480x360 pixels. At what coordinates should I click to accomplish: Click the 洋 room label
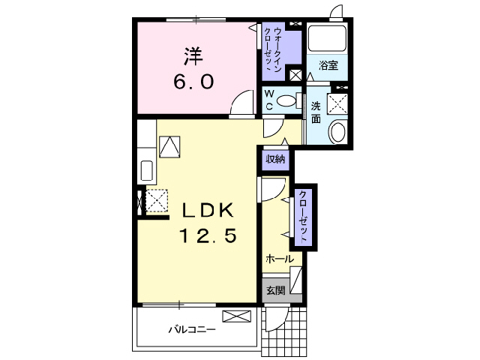click(193, 56)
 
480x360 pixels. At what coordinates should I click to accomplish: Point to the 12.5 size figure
click(208, 236)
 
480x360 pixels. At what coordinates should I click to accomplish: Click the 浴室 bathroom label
click(328, 65)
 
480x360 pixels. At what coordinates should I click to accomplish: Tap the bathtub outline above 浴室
click(326, 39)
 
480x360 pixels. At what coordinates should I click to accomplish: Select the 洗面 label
click(316, 112)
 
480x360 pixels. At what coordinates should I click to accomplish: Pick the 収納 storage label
click(274, 159)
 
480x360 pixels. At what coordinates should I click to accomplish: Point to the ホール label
click(279, 259)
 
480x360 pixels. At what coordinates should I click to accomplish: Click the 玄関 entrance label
click(274, 290)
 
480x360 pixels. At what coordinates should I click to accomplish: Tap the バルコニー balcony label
click(191, 328)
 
